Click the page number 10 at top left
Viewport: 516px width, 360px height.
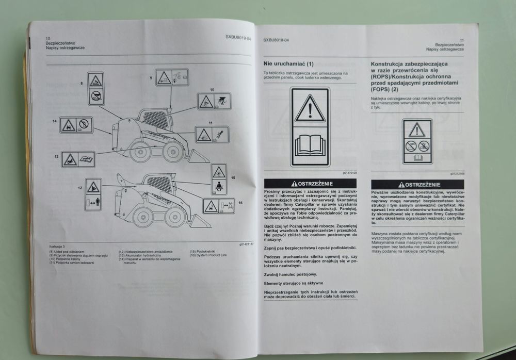[x=48, y=39]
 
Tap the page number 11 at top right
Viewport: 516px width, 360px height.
[x=461, y=40]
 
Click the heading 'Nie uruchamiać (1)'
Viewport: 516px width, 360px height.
[x=288, y=64]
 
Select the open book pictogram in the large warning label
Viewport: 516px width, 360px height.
[x=310, y=145]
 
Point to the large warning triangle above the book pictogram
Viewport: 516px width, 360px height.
[x=310, y=109]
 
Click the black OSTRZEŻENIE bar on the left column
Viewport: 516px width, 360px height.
[x=310, y=184]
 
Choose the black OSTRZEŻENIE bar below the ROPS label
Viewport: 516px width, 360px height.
[x=417, y=184]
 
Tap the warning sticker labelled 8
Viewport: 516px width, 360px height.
[x=96, y=89]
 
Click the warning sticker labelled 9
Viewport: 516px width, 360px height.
[x=172, y=77]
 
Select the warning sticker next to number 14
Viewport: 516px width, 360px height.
[x=76, y=125]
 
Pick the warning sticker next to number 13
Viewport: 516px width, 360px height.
[x=78, y=159]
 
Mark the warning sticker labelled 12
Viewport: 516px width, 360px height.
[x=93, y=194]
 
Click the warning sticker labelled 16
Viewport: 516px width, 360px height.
[x=218, y=206]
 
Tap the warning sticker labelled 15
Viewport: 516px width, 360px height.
[x=219, y=179]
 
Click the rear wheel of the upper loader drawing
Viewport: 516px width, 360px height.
[x=139, y=151]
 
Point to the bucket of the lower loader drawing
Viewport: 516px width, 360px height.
[x=201, y=220]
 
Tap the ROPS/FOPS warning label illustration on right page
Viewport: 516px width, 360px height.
[x=417, y=141]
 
